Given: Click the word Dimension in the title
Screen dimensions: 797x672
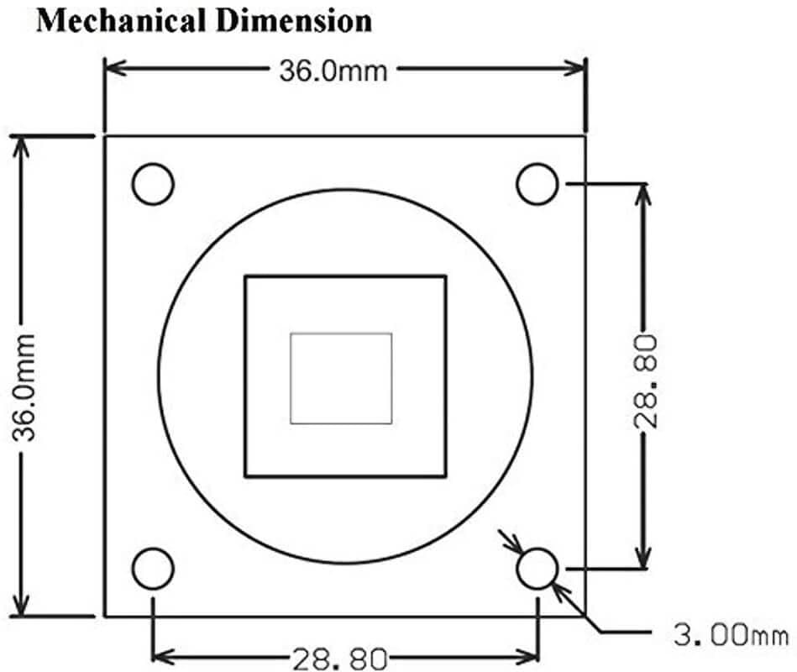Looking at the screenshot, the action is pos(293,21).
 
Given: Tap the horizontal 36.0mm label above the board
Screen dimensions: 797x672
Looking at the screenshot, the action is pos(333,71).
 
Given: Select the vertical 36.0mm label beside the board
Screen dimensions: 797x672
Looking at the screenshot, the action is pos(24,387).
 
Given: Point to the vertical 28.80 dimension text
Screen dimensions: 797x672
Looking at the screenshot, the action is pos(646,381).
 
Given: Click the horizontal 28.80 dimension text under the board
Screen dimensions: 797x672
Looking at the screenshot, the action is pos(340,659).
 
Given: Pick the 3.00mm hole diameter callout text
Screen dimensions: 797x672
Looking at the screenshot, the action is pos(731,635).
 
